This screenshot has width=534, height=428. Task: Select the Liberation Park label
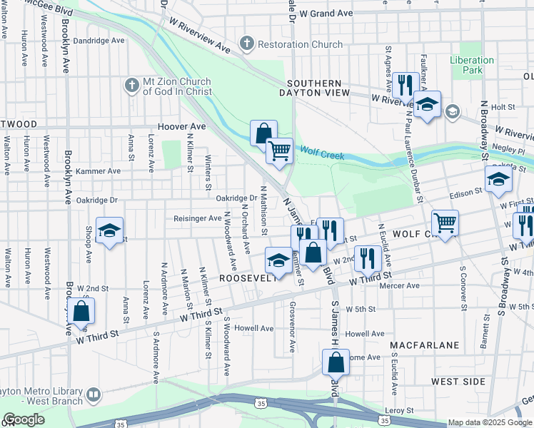471,66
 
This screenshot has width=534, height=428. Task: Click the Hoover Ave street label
181,126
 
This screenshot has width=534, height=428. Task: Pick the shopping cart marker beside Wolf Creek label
279,151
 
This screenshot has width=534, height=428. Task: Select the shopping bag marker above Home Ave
336,362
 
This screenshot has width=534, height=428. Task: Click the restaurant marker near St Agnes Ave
405,84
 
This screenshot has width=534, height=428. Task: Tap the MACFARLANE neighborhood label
425,345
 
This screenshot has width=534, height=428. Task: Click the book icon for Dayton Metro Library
94,394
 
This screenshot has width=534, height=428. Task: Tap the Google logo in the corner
23,419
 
